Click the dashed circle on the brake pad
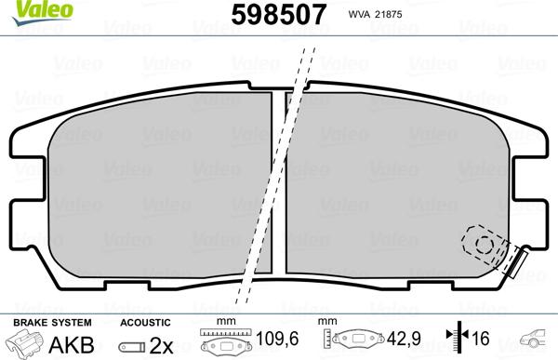[x=484, y=244]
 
